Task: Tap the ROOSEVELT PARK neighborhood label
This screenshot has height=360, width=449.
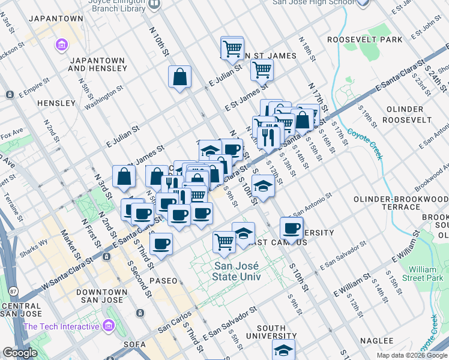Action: [x=364, y=40]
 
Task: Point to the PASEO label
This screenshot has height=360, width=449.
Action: [x=163, y=280]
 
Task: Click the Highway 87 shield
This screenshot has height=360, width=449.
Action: [x=13, y=291]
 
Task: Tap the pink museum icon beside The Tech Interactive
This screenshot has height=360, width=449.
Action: [x=109, y=326]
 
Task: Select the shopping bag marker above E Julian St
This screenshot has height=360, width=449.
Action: [x=179, y=77]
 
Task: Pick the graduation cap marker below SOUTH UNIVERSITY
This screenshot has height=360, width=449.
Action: [x=284, y=350]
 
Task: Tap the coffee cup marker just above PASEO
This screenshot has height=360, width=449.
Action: [x=161, y=243]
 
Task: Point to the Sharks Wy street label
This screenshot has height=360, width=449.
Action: [x=52, y=243]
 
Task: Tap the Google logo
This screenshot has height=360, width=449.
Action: [x=20, y=353]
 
